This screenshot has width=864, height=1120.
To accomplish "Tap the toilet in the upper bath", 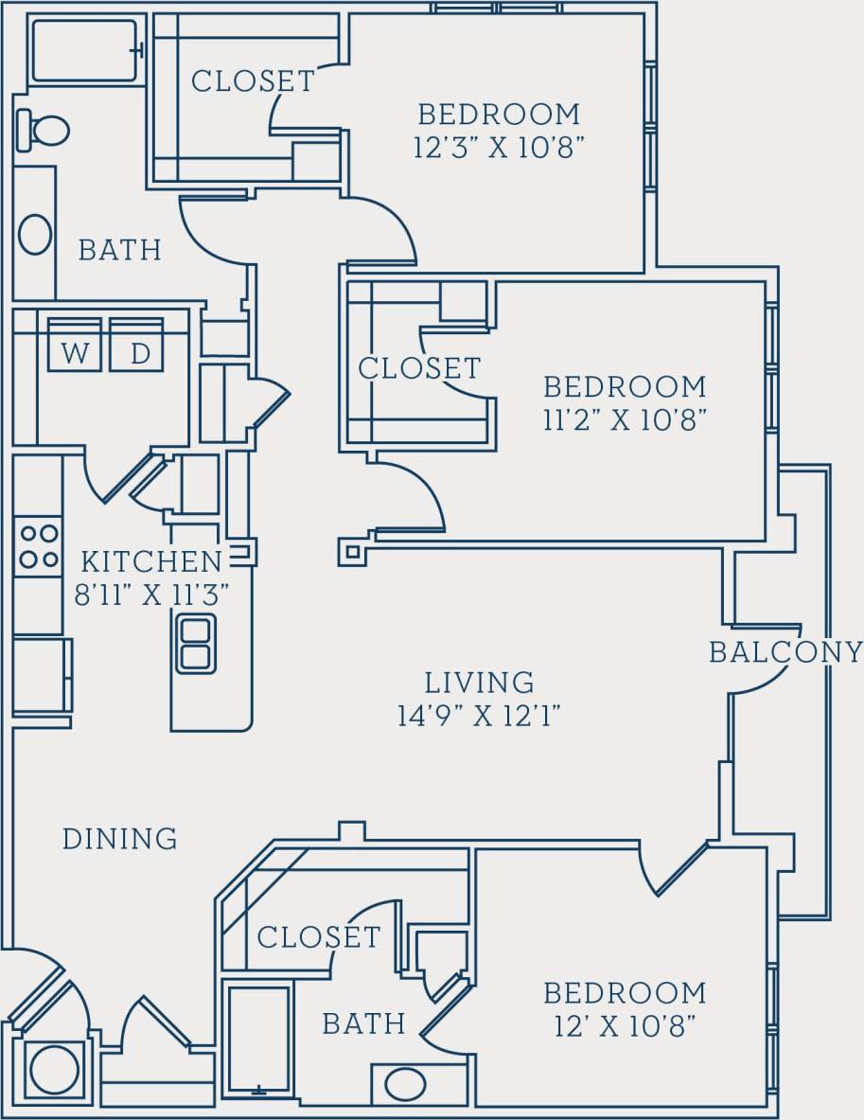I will pyautogui.click(x=44, y=131).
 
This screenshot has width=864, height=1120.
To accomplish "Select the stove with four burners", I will pyautogui.click(x=38, y=546).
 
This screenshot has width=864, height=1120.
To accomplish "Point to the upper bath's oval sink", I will pyautogui.click(x=35, y=234).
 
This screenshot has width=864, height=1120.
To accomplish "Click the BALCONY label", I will pyautogui.click(x=785, y=652).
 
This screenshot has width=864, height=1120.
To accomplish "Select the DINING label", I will pyautogui.click(x=119, y=839).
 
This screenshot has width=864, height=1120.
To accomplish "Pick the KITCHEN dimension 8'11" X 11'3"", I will pyautogui.click(x=152, y=596).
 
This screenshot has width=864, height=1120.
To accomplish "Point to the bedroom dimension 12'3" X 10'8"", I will pyautogui.click(x=498, y=149).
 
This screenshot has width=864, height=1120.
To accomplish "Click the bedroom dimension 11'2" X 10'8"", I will pyautogui.click(x=625, y=419).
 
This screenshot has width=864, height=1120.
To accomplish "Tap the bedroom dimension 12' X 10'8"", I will pyautogui.click(x=625, y=1025).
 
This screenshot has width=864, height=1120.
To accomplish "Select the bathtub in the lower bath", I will pyautogui.click(x=258, y=1041).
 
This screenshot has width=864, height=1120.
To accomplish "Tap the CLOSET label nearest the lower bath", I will pyautogui.click(x=318, y=937).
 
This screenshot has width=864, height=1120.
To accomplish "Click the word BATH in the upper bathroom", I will pyautogui.click(x=119, y=250).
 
